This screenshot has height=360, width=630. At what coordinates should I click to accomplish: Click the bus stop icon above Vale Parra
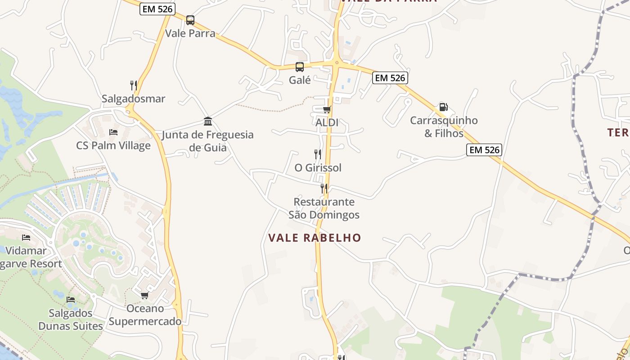190,20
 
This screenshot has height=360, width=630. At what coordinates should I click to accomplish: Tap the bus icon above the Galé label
300,67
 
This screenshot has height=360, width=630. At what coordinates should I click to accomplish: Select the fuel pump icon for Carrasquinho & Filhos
443,107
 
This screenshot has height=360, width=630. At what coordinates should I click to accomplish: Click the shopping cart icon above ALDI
327,109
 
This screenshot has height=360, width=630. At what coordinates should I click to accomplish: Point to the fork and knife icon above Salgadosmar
134,85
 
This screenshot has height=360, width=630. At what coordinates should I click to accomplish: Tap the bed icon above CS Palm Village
113,132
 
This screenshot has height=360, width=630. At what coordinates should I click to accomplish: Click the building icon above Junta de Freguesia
208,121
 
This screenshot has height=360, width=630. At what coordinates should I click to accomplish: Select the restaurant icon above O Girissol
318,154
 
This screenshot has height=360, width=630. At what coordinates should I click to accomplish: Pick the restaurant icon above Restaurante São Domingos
324,189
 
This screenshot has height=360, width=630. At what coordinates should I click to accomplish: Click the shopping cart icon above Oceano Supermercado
145,295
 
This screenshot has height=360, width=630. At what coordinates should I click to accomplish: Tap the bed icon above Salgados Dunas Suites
71,300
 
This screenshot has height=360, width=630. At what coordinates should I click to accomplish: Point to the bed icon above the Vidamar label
26,238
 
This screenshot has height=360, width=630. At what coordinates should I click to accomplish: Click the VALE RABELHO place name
315,238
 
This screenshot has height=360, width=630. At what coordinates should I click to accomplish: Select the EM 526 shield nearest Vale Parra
157,9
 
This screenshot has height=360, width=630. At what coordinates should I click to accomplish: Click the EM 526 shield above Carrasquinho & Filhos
390,78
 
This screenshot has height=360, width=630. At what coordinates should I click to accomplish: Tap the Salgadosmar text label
134,99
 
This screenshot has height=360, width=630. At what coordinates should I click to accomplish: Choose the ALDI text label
327,122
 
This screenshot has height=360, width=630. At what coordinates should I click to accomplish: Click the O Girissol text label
318,168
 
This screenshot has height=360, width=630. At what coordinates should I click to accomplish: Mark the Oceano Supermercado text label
145,315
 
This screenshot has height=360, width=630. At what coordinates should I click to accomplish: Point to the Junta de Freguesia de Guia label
208,141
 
